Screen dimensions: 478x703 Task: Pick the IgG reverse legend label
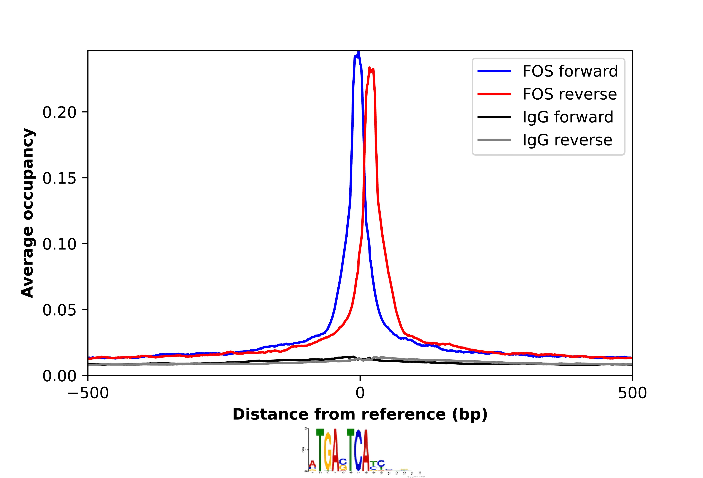click(567, 140)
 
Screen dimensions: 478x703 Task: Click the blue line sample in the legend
click(494, 71)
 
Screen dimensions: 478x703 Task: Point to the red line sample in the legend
click(494, 94)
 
